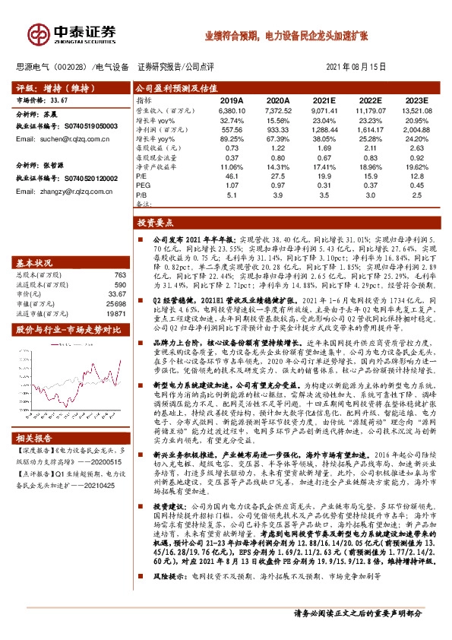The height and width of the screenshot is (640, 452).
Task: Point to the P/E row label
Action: tap(142, 175)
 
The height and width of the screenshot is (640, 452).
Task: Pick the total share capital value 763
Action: tap(119, 274)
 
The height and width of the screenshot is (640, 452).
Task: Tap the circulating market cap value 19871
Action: tap(115, 312)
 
